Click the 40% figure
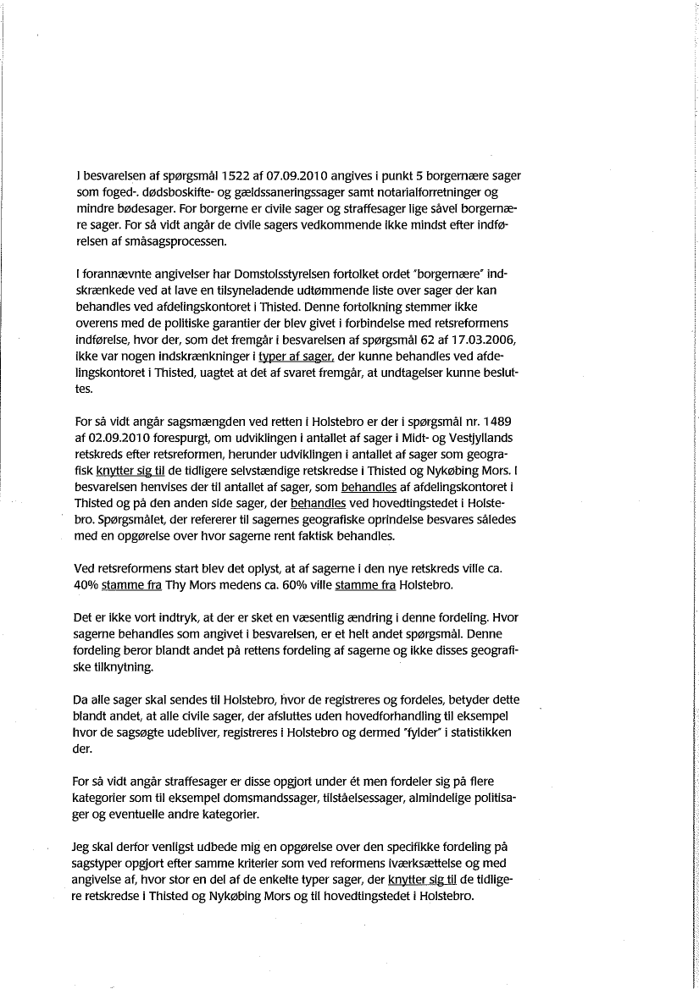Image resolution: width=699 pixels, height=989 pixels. tap(86, 584)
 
